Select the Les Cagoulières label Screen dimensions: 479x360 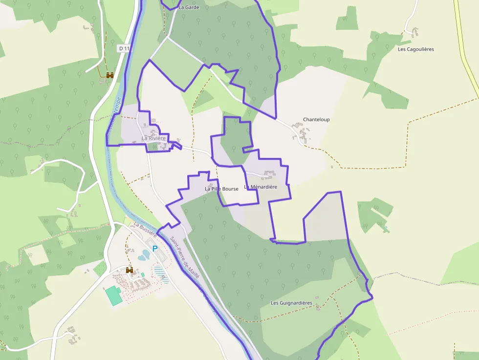pyautogui.click(x=415, y=49)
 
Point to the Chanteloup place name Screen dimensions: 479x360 pyautogui.click(x=316, y=120)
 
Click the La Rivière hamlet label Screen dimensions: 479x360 pyautogui.click(x=153, y=138)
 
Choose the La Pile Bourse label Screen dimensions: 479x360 pyautogui.click(x=221, y=189)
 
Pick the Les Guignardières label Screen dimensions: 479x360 pyautogui.click(x=291, y=303)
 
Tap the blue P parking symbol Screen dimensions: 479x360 pyautogui.click(x=155, y=249)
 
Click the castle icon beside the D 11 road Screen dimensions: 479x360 pyautogui.click(x=110, y=75)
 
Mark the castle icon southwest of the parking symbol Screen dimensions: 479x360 pyautogui.click(x=130, y=270)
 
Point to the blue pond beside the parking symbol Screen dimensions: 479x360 pyautogui.click(x=145, y=255)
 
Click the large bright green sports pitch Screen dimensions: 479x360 pyautogui.click(x=114, y=296)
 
